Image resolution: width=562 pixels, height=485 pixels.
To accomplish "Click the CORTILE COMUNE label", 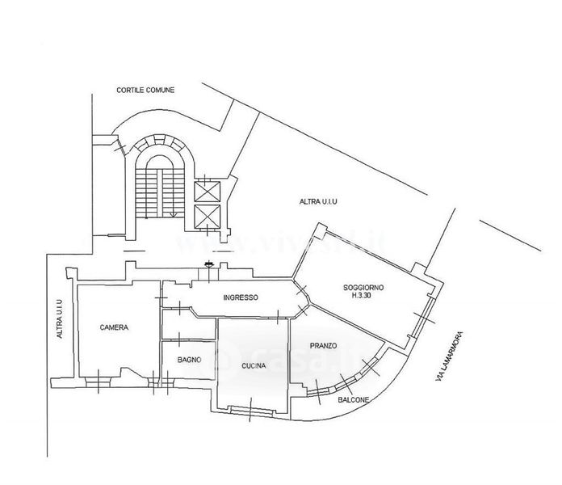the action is tap(145, 90).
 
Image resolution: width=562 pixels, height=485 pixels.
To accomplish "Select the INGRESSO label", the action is tap(240, 297).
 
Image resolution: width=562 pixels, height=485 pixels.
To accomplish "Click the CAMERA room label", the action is tap(114, 328).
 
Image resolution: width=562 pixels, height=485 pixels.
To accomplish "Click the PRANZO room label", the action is tap(323, 346).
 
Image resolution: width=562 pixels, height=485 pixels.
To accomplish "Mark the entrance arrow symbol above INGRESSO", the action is tap(208, 263).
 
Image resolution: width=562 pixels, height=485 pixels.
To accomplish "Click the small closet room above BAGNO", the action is tap(186, 326).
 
